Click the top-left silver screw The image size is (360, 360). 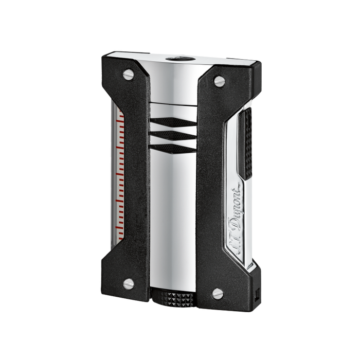pyautogui.click(x=128, y=75)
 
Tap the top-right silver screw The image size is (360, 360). pyautogui.click(x=219, y=81)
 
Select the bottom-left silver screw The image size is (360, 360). pyautogui.click(x=129, y=284)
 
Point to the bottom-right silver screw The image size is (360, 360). pyautogui.click(x=218, y=294)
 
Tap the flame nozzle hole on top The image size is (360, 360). pyautogui.click(x=181, y=59)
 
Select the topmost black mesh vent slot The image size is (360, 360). pyautogui.click(x=174, y=122)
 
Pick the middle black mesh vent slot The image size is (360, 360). pyautogui.click(x=174, y=135)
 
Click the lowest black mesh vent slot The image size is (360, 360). pyautogui.click(x=174, y=149)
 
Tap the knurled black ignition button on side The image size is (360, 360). pyautogui.click(x=245, y=143)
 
